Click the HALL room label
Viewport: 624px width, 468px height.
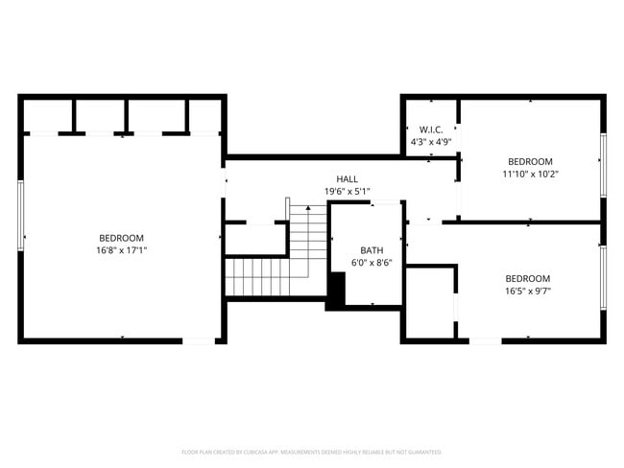point(347,179)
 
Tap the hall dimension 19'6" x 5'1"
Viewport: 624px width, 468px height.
point(347,191)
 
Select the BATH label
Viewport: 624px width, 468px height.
point(371,249)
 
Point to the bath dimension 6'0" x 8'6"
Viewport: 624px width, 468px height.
point(371,262)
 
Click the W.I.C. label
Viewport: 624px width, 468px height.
point(430,129)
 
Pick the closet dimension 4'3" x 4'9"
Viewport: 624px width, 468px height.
point(430,142)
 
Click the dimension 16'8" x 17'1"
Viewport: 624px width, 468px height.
point(122,250)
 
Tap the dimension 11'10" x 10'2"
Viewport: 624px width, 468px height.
point(530,174)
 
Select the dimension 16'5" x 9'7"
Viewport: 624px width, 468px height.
point(528,291)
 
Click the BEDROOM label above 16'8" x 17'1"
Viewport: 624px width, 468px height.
point(122,238)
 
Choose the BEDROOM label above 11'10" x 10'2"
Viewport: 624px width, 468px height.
point(530,161)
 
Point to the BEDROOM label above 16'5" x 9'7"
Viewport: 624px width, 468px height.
point(528,278)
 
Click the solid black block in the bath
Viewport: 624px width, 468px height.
point(336,291)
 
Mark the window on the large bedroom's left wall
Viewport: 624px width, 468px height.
point(21,215)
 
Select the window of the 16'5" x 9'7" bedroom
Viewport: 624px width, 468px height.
point(603,277)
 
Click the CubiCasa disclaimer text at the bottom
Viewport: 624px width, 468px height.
point(311,451)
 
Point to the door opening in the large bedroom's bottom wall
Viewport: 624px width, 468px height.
point(200,339)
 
